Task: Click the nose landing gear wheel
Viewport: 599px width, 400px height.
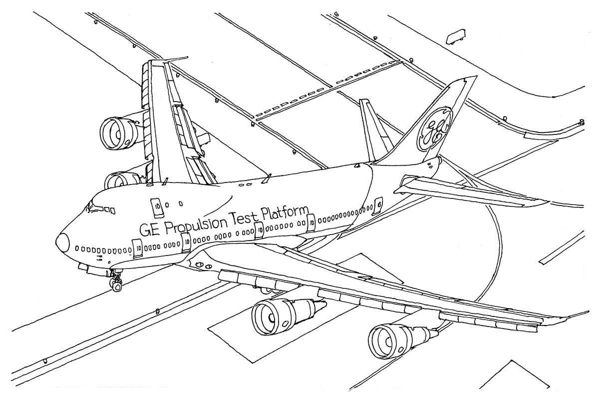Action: click(x=116, y=286)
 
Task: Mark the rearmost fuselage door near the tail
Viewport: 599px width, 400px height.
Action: click(x=378, y=204)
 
